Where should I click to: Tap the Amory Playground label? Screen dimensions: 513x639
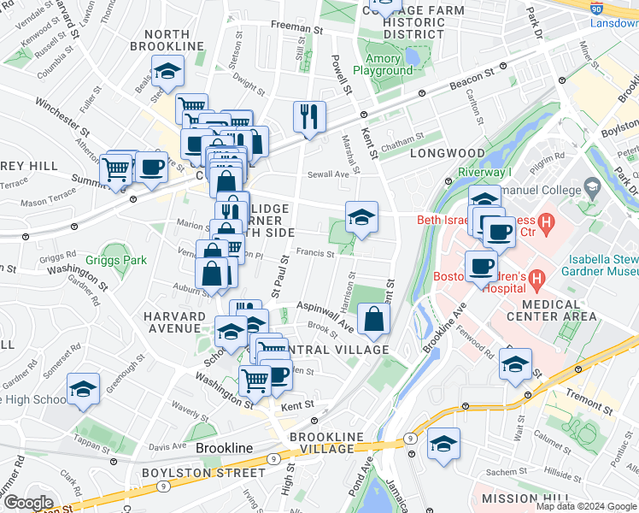[384, 65]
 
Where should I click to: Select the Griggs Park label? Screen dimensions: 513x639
[115, 260]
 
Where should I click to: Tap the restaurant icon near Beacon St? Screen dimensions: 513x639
[309, 117]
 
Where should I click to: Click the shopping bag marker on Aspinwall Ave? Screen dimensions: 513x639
[374, 321]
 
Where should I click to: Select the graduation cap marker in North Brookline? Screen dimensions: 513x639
[168, 72]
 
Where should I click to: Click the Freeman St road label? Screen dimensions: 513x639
[296, 27]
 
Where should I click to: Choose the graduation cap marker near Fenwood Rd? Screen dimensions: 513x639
[515, 364]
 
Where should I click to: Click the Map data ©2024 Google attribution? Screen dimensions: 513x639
[586, 506]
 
